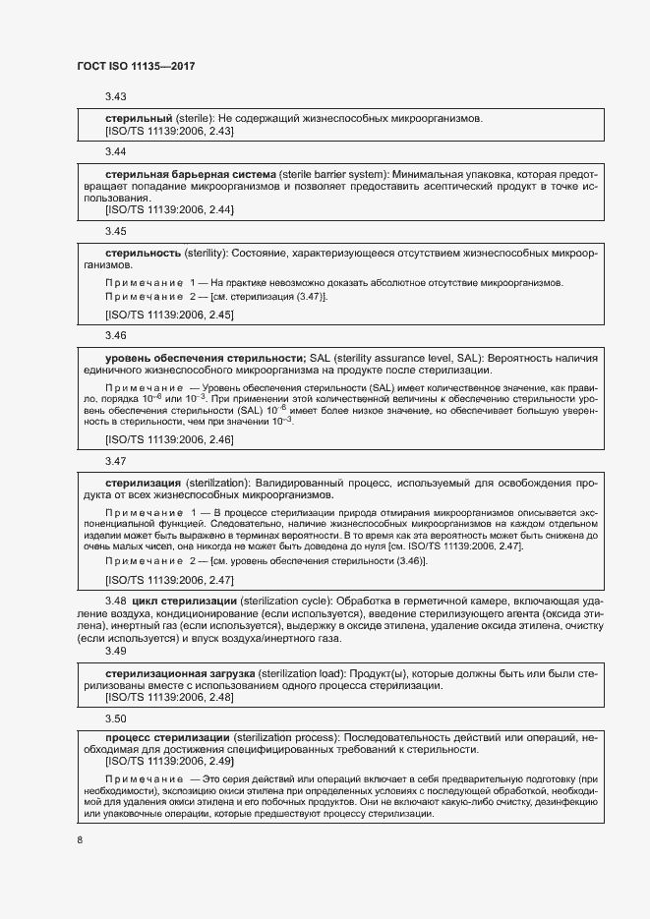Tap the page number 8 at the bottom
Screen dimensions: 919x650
[80, 839]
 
